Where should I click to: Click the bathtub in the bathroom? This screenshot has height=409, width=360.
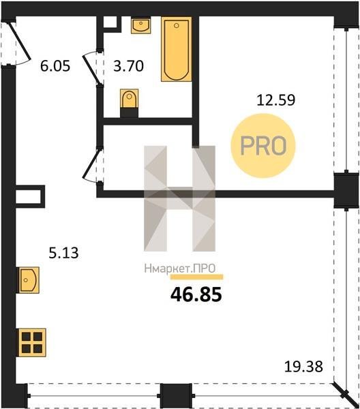pyautogui.click(x=177, y=49)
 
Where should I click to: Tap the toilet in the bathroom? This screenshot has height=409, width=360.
pyautogui.click(x=129, y=103)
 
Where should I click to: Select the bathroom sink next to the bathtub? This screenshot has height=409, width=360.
pyautogui.click(x=141, y=25)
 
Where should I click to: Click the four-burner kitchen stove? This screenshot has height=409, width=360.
pyautogui.click(x=31, y=342)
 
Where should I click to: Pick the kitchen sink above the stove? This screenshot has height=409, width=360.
pyautogui.click(x=28, y=280)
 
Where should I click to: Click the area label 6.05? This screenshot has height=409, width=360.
pyautogui.click(x=55, y=65)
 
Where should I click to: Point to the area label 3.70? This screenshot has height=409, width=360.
pyautogui.click(x=129, y=65)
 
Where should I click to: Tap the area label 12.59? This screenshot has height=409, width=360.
pyautogui.click(x=276, y=100)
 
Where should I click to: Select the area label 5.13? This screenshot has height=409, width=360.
pyautogui.click(x=63, y=253)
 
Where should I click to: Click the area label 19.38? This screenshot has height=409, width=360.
pyautogui.click(x=303, y=367)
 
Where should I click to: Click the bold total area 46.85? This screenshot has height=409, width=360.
pyautogui.click(x=196, y=294)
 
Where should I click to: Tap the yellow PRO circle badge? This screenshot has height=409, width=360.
pyautogui.click(x=263, y=146)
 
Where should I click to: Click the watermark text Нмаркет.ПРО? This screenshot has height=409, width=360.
pyautogui.click(x=180, y=269)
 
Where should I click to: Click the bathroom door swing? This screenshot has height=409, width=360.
pyautogui.click(x=92, y=67)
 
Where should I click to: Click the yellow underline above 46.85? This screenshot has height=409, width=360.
pyautogui.click(x=197, y=277)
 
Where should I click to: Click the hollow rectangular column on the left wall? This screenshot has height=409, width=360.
pyautogui.click(x=29, y=196)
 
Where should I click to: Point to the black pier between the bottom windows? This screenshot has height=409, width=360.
pyautogui.click(x=176, y=395)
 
